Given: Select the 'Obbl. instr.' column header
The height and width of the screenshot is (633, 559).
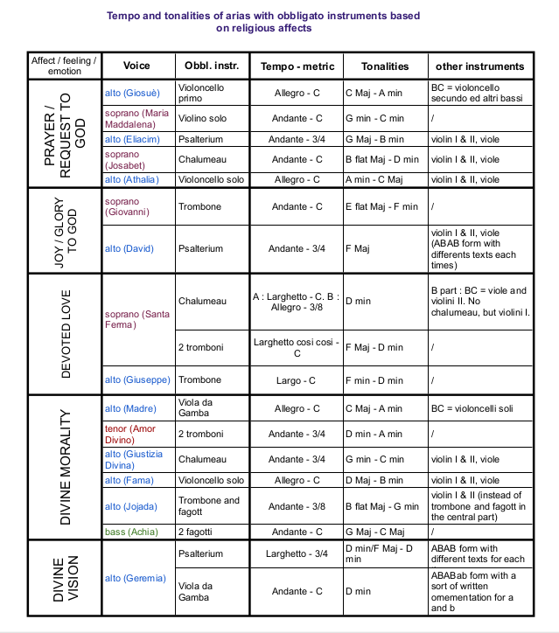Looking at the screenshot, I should tap(207, 66).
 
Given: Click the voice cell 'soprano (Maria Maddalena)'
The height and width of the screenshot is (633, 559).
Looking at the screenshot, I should tap(136, 118).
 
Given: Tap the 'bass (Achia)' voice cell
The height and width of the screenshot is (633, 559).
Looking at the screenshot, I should tap(128, 531).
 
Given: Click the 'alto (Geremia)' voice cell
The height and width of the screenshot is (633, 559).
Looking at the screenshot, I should tap(135, 578).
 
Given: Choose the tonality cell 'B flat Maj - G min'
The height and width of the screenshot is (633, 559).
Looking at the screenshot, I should tap(383, 506).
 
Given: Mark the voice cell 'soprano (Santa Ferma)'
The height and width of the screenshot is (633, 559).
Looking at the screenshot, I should tap(136, 319).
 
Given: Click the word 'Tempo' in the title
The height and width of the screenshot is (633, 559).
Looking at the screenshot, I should tap(124, 16).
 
